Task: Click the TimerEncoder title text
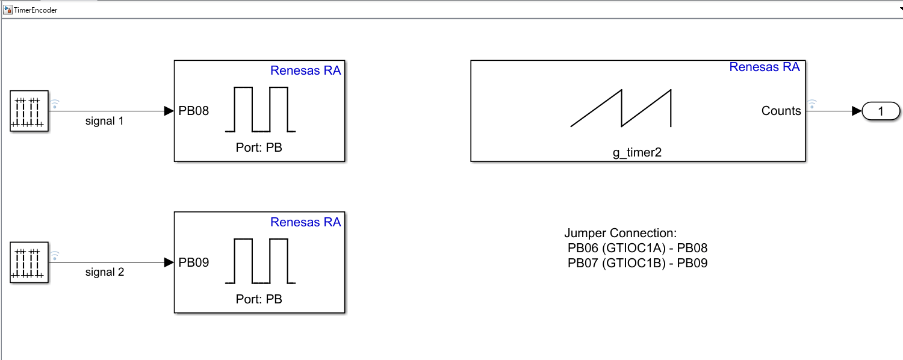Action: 36,10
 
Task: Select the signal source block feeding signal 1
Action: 29,111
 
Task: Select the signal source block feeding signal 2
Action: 29,262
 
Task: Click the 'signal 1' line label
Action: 104,121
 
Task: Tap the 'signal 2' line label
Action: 104,272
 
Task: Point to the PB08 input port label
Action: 193,111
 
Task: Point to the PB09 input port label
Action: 193,262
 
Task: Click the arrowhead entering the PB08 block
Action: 169,111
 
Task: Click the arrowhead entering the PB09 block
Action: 169,262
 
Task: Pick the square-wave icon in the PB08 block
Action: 261,109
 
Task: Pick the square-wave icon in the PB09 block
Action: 261,261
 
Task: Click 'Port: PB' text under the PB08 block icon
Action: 259,147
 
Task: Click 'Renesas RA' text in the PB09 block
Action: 306,222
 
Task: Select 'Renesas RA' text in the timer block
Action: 765,67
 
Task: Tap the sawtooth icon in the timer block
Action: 621,108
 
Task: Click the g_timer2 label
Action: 637,153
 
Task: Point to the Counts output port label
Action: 781,111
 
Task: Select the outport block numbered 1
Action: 881,111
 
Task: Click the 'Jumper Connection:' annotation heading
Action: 621,233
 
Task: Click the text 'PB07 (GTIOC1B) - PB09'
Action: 638,263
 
